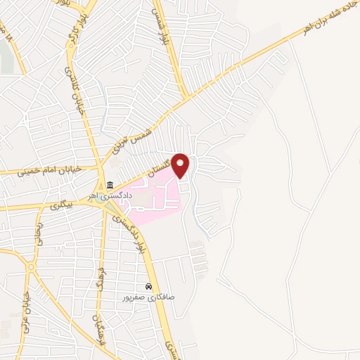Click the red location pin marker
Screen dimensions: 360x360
[181, 165]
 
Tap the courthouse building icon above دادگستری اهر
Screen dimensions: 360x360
[110, 186]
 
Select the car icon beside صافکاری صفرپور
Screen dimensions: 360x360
[149, 287]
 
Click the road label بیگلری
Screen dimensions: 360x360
[63, 203]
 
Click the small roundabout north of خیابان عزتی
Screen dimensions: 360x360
[30, 267]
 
